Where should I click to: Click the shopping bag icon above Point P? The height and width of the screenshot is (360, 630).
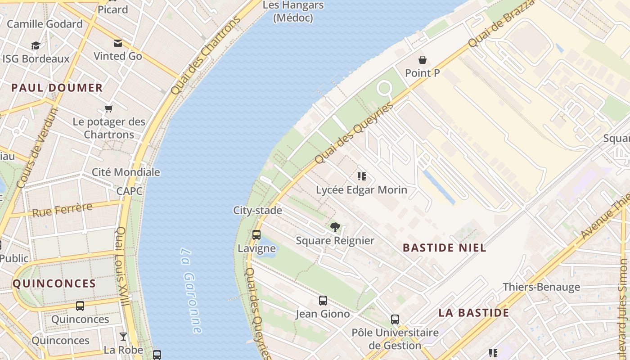(x=423, y=60)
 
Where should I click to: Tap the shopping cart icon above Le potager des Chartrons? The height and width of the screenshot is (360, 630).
(x=108, y=108)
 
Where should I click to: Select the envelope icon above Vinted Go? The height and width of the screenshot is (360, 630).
(x=118, y=43)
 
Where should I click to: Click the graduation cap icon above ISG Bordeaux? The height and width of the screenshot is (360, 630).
(x=36, y=45)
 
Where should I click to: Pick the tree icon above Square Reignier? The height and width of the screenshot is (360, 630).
(x=335, y=227)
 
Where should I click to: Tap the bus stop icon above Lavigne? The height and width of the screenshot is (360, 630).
(x=256, y=234)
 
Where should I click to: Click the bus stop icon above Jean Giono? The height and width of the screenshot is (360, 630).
(x=323, y=301)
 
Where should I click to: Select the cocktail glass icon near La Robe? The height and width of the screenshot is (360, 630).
(x=123, y=337)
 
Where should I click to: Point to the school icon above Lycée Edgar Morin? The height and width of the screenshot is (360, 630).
(x=361, y=176)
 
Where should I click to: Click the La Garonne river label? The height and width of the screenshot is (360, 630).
(x=191, y=290)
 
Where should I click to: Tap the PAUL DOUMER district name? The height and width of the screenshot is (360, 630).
(x=57, y=88)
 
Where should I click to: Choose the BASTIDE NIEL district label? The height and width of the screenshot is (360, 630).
(x=444, y=248)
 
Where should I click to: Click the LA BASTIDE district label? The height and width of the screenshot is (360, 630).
(x=474, y=313)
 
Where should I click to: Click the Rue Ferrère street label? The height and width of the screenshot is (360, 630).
(x=62, y=210)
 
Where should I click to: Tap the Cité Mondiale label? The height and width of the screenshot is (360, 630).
(x=126, y=172)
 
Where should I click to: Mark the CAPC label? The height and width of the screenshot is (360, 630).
(x=130, y=191)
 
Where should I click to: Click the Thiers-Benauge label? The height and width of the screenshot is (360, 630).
(x=541, y=287)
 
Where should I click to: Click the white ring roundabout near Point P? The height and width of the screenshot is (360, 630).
(x=385, y=88)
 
